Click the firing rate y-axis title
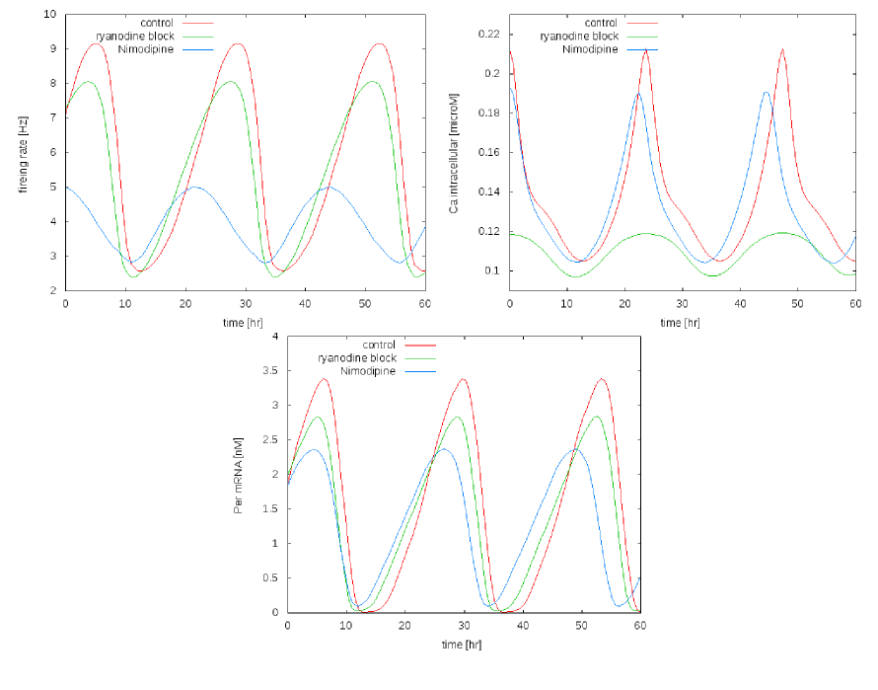click(x=22, y=153)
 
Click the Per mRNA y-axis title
click(x=238, y=475)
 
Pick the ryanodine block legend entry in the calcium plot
click(x=578, y=37)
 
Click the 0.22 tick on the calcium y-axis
click(x=488, y=35)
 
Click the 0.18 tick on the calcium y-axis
click(x=488, y=114)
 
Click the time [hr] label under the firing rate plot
click(x=245, y=322)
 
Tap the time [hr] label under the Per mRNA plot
click(x=463, y=644)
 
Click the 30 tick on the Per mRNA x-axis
click(x=463, y=625)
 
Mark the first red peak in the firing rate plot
click(x=95, y=43)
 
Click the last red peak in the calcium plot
click(x=782, y=49)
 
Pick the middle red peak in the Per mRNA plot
click(x=463, y=379)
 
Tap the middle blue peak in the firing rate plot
click(x=194, y=187)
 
